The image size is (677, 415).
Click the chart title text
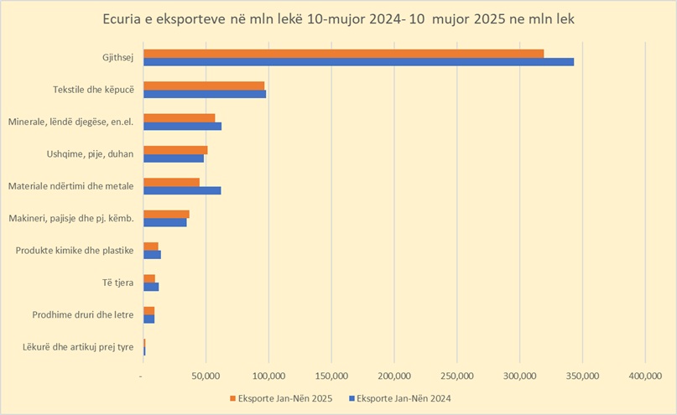[338, 18]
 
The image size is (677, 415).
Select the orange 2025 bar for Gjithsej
[343, 54]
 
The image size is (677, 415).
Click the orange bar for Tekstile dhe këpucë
[204, 86]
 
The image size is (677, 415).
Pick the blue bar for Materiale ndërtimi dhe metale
[182, 190]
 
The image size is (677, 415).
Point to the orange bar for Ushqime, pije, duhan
[175, 150]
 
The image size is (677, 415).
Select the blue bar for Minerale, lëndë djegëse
[182, 126]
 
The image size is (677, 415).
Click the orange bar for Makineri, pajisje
[166, 215]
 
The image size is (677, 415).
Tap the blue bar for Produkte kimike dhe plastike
[152, 254]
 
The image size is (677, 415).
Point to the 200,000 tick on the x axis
[393, 375]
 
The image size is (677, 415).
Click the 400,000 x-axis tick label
[644, 375]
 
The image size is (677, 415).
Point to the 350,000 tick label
[581, 375]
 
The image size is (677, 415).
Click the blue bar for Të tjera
[151, 287]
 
